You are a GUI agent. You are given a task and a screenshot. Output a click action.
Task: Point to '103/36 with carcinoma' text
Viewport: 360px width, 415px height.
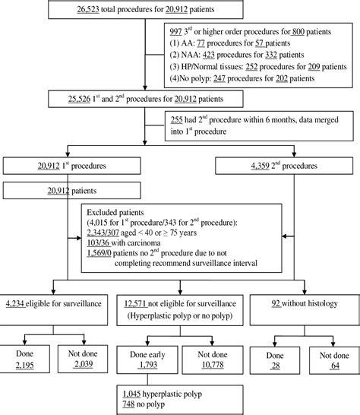point(131,248)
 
